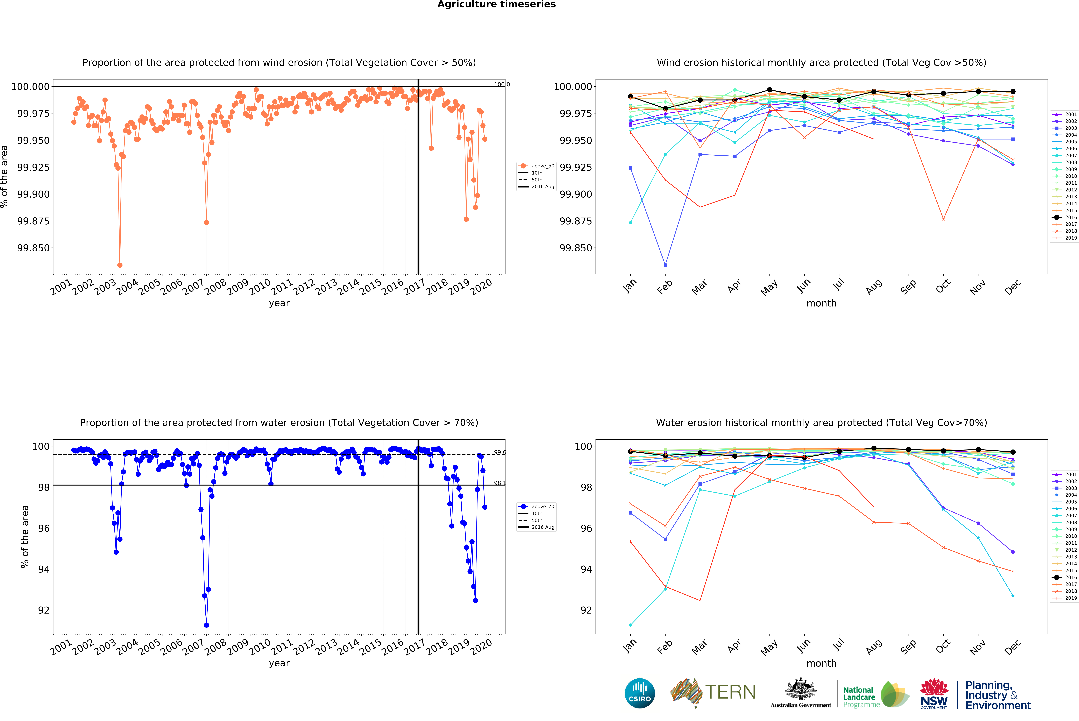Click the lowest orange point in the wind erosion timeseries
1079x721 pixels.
120,265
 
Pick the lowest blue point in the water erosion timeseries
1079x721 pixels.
206,625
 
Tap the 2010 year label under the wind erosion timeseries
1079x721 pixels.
260,287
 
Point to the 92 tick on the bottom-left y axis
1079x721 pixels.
44,610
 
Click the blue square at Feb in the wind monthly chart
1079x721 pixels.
665,265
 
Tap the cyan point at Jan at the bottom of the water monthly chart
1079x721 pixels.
630,625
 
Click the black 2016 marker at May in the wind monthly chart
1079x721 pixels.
770,90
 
